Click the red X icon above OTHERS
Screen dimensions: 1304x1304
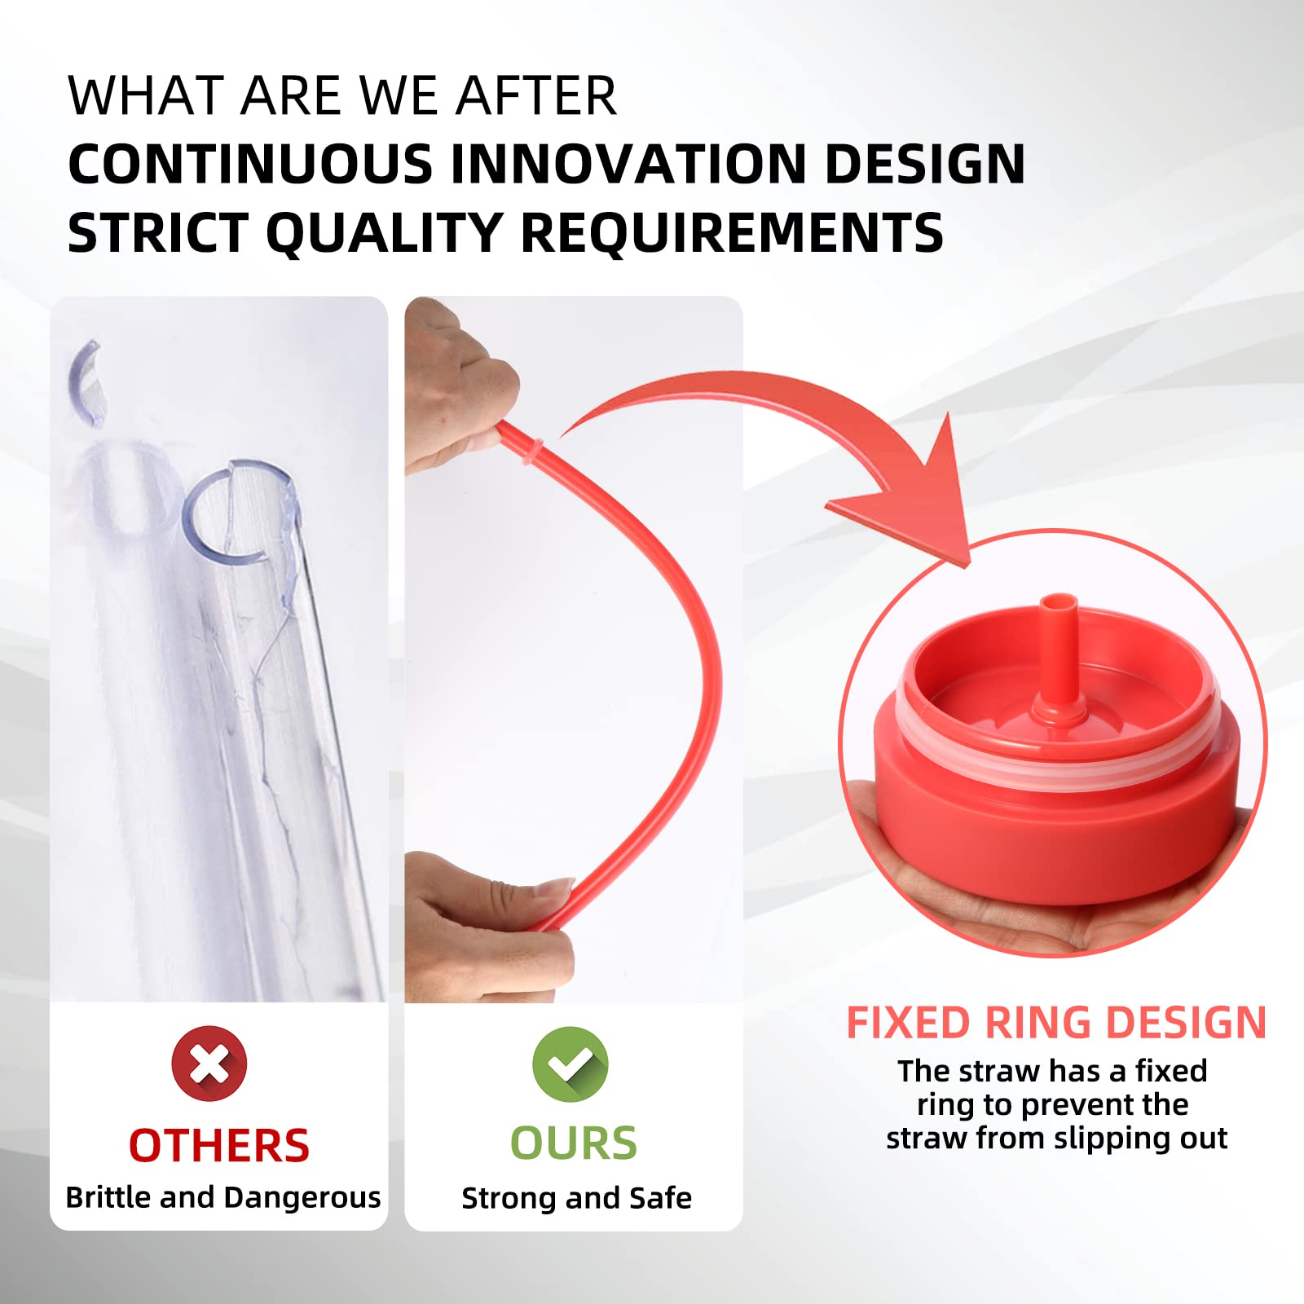pos(209,1064)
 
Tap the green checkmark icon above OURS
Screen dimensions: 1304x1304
pos(570,1064)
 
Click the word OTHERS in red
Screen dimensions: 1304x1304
pos(219,1146)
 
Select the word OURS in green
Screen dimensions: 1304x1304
pos(574,1143)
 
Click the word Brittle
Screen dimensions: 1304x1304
pos(108,1197)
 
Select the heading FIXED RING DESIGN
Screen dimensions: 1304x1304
pos(1056,1022)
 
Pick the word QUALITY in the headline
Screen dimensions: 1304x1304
pos(383,233)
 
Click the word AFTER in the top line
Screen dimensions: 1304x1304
pos(535,96)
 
